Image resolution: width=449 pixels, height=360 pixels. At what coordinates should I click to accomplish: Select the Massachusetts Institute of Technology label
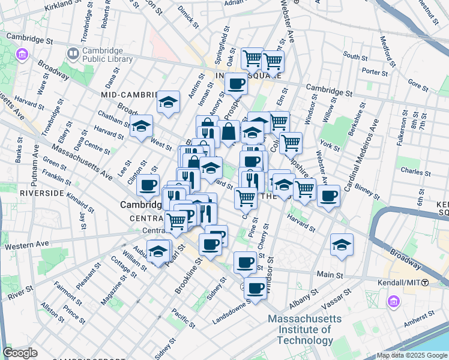[300, 329]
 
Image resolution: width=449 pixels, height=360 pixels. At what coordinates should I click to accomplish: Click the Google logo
[20, 353]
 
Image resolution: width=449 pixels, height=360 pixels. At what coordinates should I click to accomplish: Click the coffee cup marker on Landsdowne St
[256, 289]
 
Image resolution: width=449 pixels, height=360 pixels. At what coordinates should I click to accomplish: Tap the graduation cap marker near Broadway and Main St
[342, 244]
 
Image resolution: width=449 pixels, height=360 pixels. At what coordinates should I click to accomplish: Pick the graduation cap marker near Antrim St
[169, 101]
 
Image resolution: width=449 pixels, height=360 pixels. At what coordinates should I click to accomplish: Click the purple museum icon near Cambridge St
[22, 55]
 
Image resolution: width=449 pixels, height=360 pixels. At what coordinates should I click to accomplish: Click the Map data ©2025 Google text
[412, 355]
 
